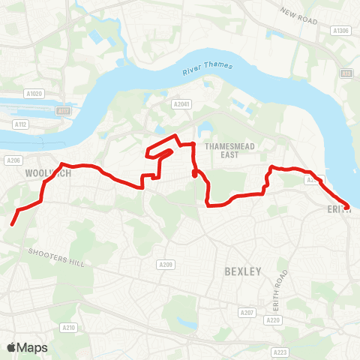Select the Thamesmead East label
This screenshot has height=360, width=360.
(x=225, y=148)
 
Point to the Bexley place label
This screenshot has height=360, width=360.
(x=242, y=271)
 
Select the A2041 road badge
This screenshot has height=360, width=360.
(x=180, y=104)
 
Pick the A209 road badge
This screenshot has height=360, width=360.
(x=166, y=265)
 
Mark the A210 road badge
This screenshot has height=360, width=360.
(x=69, y=327)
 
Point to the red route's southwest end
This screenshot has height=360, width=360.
(x=13, y=223)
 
